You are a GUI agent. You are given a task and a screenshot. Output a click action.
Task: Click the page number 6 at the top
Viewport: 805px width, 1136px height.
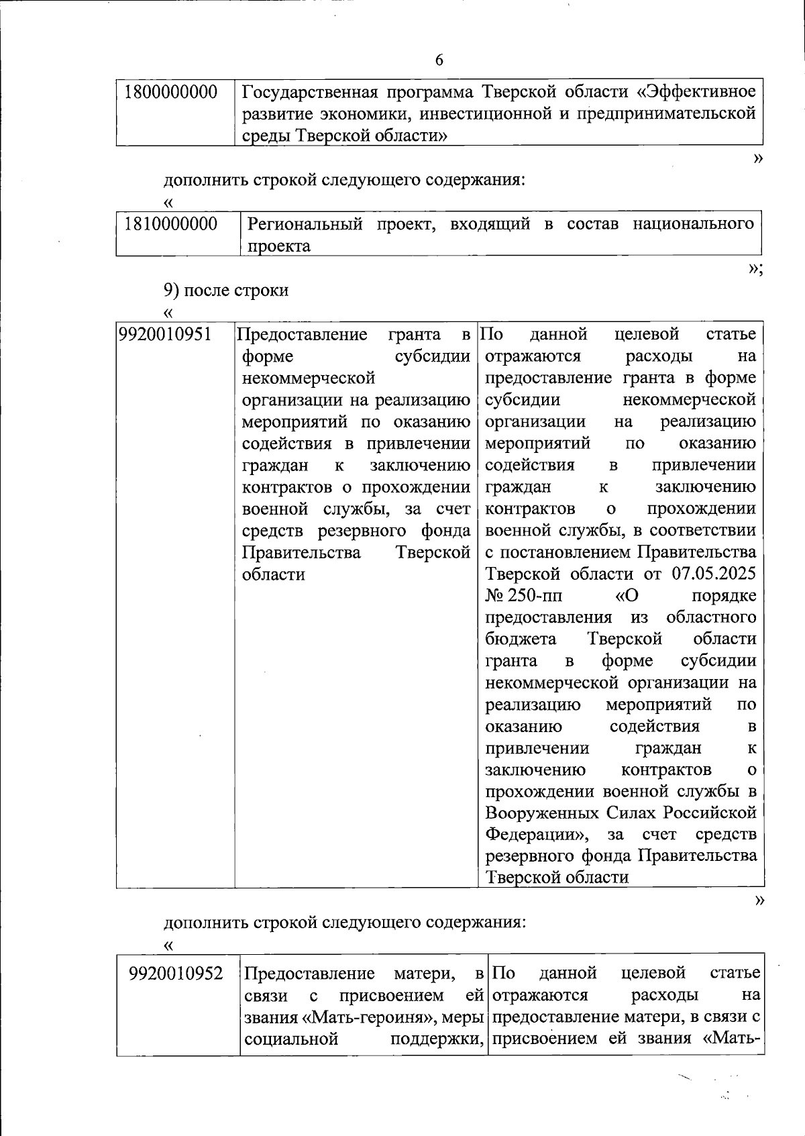(x=439, y=60)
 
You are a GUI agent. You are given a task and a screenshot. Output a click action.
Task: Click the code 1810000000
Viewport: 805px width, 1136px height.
(x=171, y=224)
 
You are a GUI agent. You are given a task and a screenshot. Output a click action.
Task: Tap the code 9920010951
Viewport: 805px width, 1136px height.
(x=166, y=334)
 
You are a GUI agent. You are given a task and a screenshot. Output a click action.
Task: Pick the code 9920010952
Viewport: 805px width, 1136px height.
(x=176, y=973)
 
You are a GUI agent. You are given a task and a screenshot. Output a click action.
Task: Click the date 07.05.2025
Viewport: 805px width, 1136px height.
(x=713, y=574)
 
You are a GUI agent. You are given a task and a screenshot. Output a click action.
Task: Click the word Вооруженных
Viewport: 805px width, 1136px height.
(x=541, y=813)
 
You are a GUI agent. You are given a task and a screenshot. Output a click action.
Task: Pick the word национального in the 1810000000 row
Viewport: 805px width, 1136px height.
(x=692, y=224)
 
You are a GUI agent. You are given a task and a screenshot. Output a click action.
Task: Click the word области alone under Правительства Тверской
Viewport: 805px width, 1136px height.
(x=273, y=574)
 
